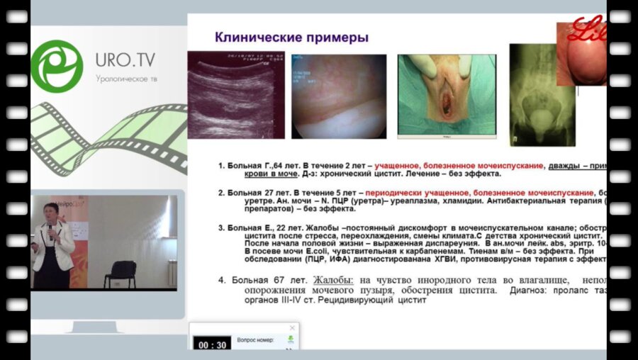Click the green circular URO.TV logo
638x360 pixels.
coord(57,66)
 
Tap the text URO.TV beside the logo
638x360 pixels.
coord(125,57)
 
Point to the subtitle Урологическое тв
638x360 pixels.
coord(125,79)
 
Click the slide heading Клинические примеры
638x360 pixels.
coord(291,37)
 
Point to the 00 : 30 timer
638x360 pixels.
coord(212,345)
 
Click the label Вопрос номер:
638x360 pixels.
coord(255,340)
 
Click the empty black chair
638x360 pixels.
coord(122,274)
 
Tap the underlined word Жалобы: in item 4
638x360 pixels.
coord(333,281)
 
